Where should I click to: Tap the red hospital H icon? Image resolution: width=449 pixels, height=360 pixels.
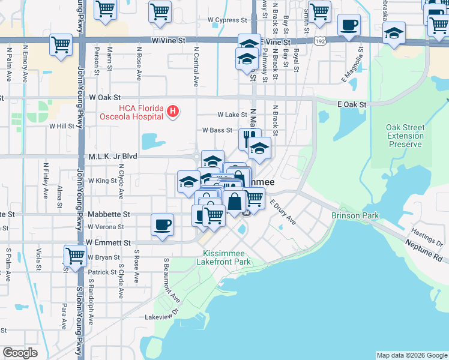(173, 111)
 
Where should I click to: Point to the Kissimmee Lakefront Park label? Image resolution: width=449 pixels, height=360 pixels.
(223, 257)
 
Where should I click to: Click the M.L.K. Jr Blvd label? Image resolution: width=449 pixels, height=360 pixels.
(113, 156)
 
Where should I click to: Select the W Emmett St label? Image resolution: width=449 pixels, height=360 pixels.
(108, 242)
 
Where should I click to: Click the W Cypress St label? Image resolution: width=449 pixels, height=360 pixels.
(228, 20)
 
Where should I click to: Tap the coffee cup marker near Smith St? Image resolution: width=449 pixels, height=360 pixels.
(349, 25)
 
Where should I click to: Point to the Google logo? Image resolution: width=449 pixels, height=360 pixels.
(20, 353)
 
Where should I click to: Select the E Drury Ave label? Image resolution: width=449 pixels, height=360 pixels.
(283, 212)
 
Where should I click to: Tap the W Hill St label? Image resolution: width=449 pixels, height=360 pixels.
(62, 126)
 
